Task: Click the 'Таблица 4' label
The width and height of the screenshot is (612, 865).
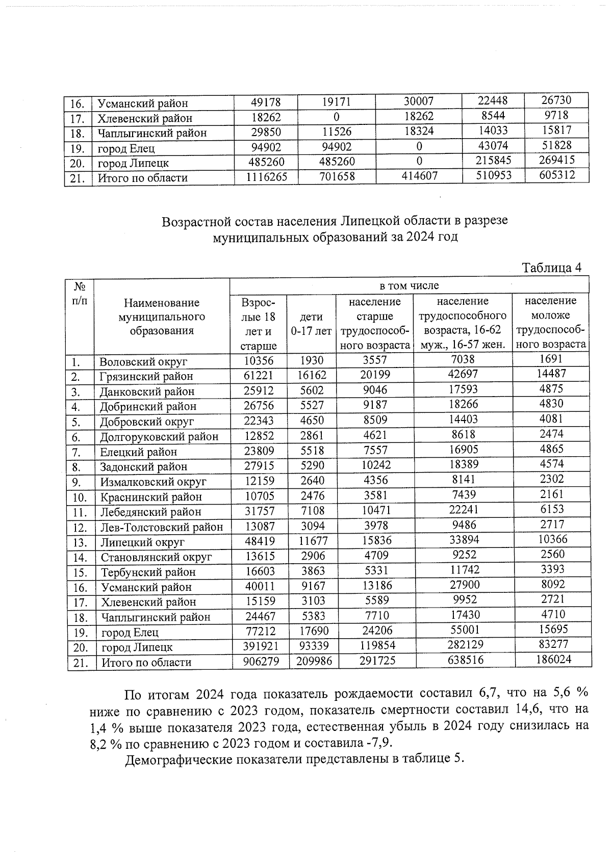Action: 552,268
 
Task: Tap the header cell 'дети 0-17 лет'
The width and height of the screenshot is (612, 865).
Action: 311,324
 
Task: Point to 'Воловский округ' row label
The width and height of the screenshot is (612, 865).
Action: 143,362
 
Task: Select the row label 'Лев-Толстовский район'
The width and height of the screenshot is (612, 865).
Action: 162,527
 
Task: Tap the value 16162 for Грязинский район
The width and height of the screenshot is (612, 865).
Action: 312,376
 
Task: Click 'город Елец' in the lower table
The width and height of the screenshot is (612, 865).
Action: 130,633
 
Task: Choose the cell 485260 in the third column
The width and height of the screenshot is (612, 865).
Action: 336,162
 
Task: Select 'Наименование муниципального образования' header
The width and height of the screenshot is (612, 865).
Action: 161,317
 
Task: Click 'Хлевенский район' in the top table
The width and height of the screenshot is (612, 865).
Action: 145,118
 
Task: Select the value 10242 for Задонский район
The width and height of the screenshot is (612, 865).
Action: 374,465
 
